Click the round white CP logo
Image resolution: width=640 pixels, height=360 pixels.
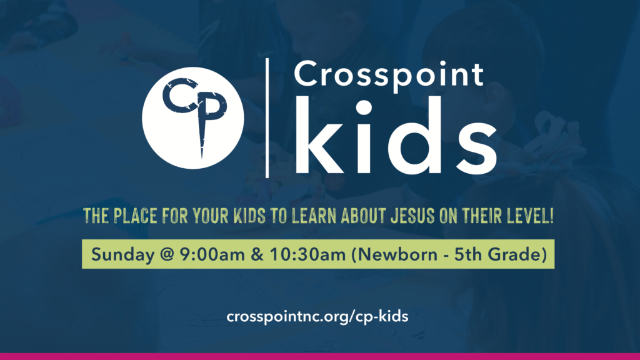(193, 118)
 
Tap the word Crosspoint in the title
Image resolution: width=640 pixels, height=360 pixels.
(389, 75)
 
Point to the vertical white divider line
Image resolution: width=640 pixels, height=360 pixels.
(267, 118)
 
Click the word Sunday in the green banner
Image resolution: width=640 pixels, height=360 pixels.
(123, 255)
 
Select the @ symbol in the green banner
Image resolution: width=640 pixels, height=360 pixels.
(167, 255)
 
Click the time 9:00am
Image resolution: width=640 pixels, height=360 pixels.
(212, 254)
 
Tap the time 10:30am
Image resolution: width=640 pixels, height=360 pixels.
(307, 254)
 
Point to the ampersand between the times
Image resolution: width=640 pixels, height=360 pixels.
(257, 254)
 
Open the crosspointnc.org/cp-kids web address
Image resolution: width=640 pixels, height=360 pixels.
(317, 316)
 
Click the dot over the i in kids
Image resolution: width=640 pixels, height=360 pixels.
(364, 108)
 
